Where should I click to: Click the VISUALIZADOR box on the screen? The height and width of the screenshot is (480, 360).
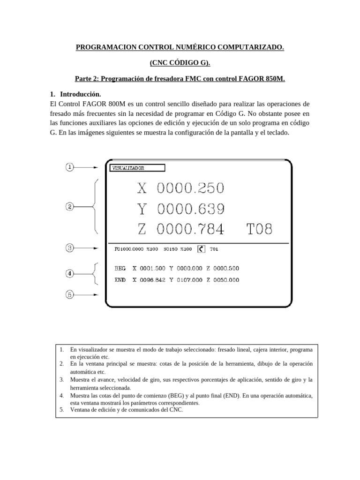point(137,167)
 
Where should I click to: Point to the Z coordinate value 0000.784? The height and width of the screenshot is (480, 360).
point(190,229)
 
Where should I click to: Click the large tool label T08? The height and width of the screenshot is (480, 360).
point(259,229)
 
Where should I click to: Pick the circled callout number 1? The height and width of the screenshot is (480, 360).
point(69,167)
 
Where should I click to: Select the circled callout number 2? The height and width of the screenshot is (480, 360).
point(69,206)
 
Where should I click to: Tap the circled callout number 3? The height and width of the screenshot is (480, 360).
point(69,248)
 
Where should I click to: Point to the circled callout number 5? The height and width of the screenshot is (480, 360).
point(69,295)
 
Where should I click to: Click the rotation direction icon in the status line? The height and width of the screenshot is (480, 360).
point(202,249)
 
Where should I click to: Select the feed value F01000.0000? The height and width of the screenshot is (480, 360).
point(129,249)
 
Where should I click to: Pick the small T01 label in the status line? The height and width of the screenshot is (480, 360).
point(214,249)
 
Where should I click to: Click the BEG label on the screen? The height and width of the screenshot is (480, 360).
point(120,269)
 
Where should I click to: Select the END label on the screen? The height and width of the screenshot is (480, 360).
point(120,280)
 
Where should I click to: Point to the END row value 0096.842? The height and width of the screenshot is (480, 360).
point(153,280)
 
